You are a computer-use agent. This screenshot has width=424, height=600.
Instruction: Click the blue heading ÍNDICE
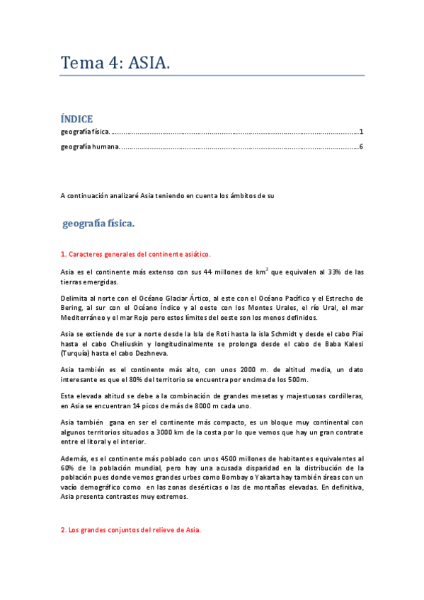[x=76, y=119]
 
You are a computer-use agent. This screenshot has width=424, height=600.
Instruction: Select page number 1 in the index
[x=361, y=132]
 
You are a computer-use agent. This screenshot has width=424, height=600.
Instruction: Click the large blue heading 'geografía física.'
[x=98, y=224]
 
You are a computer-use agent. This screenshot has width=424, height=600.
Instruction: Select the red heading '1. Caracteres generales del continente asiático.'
[x=135, y=254]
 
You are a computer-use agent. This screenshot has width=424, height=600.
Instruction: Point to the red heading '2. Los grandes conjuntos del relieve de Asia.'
[x=131, y=529]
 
